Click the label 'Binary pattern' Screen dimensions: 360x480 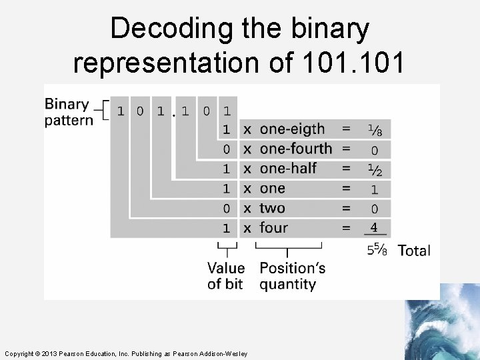68,112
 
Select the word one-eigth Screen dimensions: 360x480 292,129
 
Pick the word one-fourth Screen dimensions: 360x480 295,149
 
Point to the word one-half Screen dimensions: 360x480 288,169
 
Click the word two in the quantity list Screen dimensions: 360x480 272,208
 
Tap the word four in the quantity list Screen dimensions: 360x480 273,228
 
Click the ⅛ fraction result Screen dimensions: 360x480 375,129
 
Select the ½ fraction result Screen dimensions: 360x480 375,169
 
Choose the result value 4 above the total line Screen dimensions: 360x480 374,228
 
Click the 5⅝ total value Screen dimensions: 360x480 377,250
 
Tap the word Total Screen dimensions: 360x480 414,251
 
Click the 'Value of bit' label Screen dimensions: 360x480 226,276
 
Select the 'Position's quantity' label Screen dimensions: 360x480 292,276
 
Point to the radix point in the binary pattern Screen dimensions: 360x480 173,116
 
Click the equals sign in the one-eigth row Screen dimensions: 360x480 345,129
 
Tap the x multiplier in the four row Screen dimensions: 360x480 247,228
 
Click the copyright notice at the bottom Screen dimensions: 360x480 125,353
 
